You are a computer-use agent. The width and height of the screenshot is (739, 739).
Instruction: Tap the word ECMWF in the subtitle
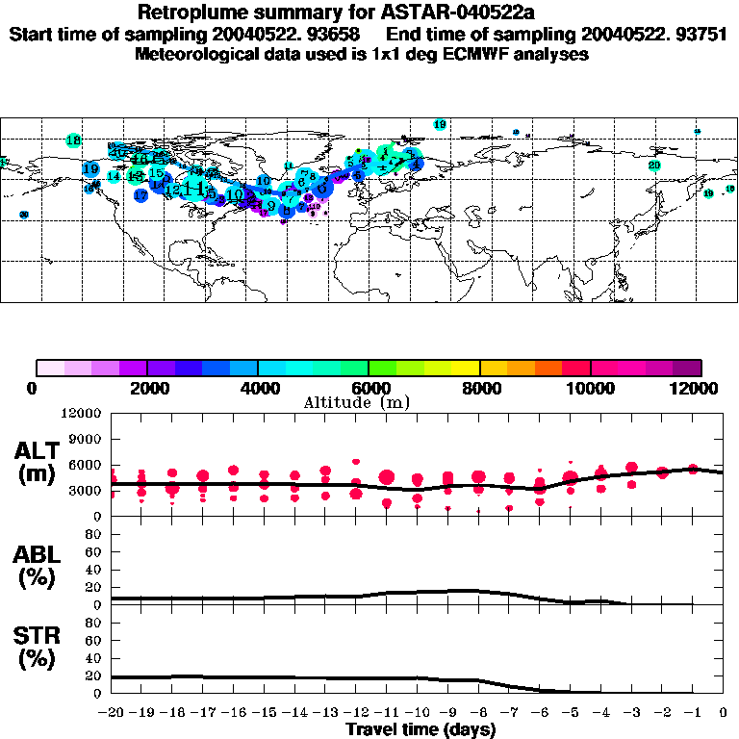469,54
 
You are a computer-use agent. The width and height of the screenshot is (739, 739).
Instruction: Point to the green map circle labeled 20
654,166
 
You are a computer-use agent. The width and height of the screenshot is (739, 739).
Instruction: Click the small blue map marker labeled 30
24,215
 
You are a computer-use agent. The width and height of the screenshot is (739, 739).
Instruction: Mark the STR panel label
36,635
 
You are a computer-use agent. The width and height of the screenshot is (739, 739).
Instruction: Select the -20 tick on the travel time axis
112,712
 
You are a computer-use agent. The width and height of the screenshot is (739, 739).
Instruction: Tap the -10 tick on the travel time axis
417,712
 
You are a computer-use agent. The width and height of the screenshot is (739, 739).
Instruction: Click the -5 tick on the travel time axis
570,712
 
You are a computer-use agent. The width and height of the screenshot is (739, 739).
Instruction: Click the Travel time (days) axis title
420,729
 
